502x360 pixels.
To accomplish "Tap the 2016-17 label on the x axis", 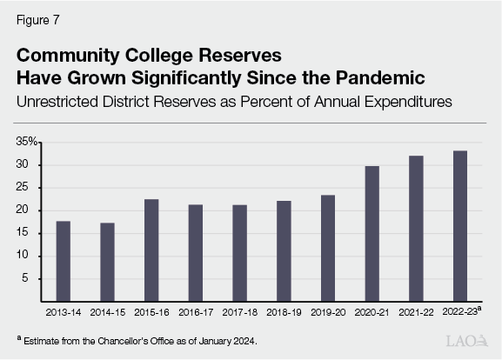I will click(196, 310).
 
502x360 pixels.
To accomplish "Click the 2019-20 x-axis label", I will click(328, 310).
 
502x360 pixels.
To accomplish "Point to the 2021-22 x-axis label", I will click(416, 310).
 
